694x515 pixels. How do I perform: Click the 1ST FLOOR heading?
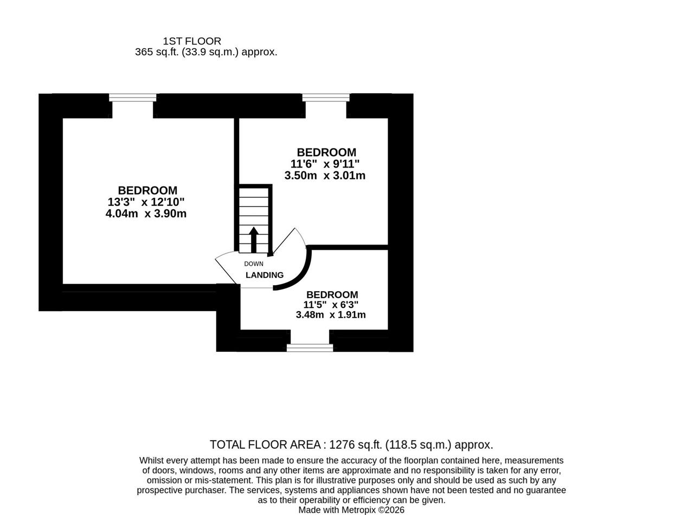pos(192,41)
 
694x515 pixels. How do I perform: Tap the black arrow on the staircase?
pos(253,240)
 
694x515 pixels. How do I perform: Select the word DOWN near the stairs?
pos(253,264)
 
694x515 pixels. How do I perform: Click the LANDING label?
pos(265,275)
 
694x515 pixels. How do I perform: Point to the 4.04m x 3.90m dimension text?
pos(146,214)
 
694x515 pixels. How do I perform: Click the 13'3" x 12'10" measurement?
pos(146,202)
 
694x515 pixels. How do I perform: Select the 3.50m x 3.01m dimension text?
pos(325,175)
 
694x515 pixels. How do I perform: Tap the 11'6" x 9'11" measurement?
pos(325,164)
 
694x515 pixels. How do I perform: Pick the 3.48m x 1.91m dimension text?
pos(331,314)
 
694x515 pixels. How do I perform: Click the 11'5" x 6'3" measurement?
pos(331,305)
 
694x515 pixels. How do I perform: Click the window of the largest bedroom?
pos(133,97)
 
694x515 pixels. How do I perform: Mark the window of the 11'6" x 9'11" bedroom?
pos(326,97)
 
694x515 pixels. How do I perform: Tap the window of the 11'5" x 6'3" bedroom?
pos(310,347)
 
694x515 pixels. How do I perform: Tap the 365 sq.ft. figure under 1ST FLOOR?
pos(157,52)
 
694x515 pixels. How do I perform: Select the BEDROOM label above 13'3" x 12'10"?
pos(147,190)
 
